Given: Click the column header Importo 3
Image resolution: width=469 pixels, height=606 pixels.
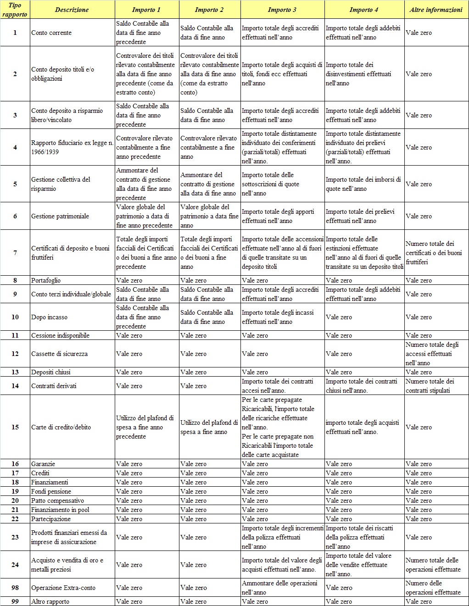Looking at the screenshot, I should click(282, 10).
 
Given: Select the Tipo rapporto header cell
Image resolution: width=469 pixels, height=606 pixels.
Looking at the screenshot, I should click(15, 10).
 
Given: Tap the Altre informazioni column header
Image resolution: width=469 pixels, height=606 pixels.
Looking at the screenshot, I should click(436, 10).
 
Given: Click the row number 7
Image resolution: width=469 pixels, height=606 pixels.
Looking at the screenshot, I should click(15, 253).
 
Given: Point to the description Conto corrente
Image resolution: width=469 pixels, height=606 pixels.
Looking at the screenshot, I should click(51, 33).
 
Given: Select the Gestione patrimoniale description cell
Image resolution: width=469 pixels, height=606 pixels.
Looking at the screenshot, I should click(60, 216).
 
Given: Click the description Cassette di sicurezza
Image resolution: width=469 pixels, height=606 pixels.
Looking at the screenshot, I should click(59, 354).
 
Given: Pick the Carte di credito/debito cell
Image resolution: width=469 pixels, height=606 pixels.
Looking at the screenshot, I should click(61, 427).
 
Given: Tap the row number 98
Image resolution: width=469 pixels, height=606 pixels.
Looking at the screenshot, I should click(15, 588).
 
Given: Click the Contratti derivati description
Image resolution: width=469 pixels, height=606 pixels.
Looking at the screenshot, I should click(54, 386).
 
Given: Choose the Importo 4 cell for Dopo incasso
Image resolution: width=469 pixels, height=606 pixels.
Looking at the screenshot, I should click(339, 317).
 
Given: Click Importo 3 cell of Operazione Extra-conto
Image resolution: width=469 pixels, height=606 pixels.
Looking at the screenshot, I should click(279, 588).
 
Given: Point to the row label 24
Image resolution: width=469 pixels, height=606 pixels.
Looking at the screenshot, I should click(15, 565).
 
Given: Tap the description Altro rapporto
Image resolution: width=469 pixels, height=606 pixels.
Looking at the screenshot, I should click(50, 601).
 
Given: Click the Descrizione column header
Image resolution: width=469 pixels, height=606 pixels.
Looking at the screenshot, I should click(72, 10).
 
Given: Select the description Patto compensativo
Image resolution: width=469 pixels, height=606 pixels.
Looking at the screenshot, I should click(57, 500).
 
